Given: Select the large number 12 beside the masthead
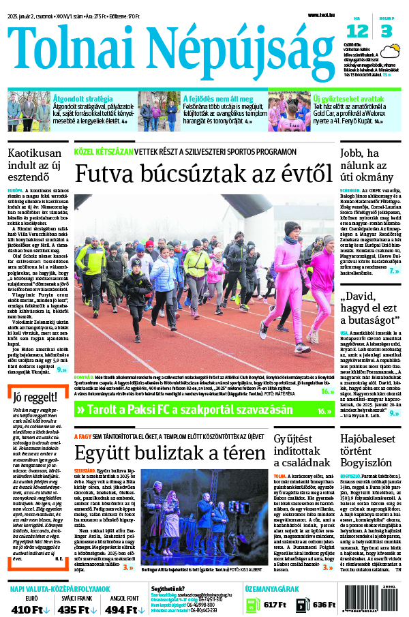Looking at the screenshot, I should coord(357,31).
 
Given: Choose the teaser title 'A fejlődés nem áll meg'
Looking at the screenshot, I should coord(215,98).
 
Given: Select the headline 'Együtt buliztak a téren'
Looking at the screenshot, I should coord(170,453).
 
